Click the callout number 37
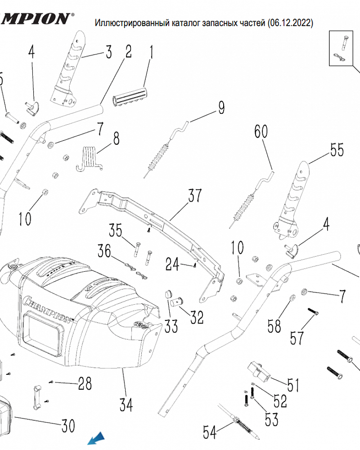click(x=195, y=196)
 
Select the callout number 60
click(x=261, y=131)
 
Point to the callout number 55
click(x=337, y=150)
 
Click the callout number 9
click(x=221, y=108)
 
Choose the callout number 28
click(x=85, y=384)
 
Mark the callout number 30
click(x=68, y=426)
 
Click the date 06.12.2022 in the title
click(x=290, y=22)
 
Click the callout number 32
click(x=196, y=317)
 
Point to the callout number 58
click(x=274, y=326)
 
